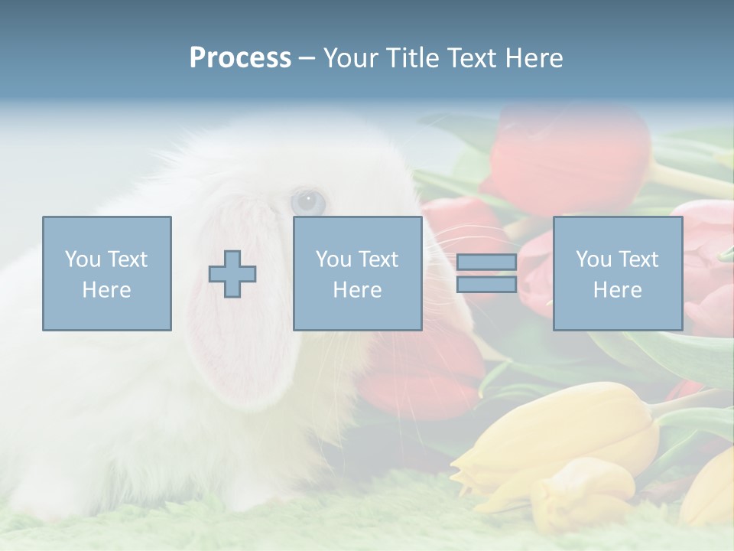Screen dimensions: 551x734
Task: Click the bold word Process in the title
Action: coord(240,58)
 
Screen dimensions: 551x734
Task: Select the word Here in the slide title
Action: coord(534,58)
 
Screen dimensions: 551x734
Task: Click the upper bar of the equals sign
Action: coord(486,262)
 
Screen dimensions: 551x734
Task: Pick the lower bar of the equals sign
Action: coord(486,284)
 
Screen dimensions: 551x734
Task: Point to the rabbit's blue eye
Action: coord(308,202)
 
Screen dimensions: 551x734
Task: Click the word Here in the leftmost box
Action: coord(107,290)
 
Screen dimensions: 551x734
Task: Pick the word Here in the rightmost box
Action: coord(618,290)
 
